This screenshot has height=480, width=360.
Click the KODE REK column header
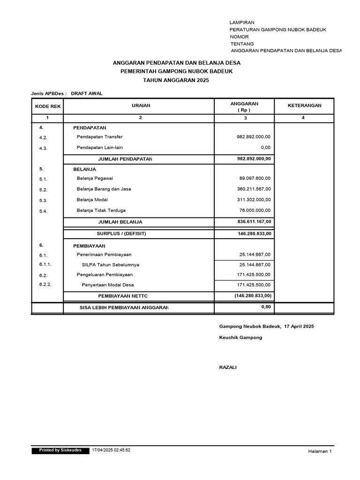point(48,106)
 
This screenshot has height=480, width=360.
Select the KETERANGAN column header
point(304,105)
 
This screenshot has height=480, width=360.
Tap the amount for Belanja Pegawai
point(255,178)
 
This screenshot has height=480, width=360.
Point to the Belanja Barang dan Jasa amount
point(254,189)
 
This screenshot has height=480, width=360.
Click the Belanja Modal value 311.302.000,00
point(254,200)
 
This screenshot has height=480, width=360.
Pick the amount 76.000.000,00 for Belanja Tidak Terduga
point(255,210)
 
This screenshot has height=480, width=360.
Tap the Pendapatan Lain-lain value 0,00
point(265,148)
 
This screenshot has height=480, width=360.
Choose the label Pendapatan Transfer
point(99,137)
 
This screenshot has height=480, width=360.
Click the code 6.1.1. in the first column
point(45,264)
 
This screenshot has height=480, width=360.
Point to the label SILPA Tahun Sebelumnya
point(111,265)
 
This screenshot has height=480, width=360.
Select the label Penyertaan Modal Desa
point(108,285)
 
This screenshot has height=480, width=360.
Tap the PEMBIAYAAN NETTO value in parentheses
point(253,296)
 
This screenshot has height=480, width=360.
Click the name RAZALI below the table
point(228,367)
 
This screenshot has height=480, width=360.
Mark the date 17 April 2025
point(299,326)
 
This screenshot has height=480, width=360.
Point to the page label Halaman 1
point(320,451)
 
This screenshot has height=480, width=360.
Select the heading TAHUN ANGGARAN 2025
point(176,81)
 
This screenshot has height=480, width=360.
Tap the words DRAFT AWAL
point(87,93)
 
